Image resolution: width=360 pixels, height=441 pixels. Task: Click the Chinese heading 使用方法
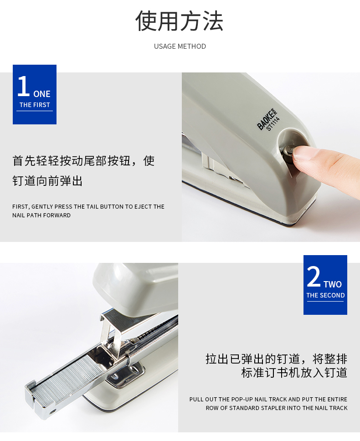[x=180, y=21]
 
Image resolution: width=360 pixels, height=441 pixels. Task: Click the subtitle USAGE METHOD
[x=180, y=46]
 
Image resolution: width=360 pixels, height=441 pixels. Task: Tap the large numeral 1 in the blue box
[x=23, y=86]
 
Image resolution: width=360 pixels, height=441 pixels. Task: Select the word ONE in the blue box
[x=42, y=94]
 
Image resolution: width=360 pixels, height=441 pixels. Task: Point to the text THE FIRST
[x=35, y=105]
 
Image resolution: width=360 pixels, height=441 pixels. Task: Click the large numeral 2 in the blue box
[x=314, y=277]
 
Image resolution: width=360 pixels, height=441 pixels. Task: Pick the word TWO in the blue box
[x=333, y=284]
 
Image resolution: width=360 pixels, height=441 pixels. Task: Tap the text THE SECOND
[x=325, y=295]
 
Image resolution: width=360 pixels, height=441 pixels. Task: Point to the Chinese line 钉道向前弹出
[x=47, y=181]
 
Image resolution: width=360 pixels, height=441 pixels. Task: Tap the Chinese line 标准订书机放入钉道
[x=294, y=373]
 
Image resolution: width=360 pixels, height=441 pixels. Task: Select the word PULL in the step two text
[x=196, y=400]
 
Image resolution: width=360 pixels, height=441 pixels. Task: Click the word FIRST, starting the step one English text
[x=21, y=207]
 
